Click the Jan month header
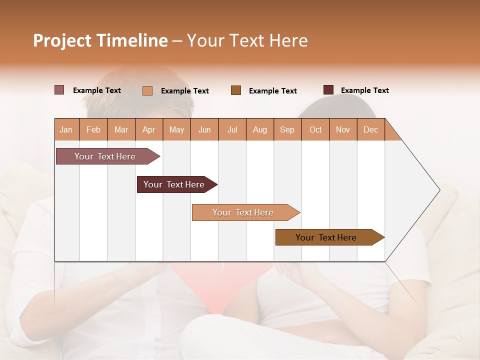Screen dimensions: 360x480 click(x=66, y=129)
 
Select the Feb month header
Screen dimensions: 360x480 click(x=93, y=129)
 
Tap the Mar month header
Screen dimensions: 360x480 click(x=121, y=129)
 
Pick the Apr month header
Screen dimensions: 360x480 click(x=149, y=129)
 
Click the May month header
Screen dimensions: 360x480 click(x=176, y=129)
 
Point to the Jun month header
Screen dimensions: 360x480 click(x=204, y=129)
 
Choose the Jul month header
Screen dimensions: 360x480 click(x=232, y=129)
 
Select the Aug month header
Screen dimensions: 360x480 click(x=260, y=129)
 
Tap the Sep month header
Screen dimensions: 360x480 click(x=287, y=129)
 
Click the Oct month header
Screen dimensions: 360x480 click(x=315, y=129)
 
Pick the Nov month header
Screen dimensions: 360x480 click(x=343, y=129)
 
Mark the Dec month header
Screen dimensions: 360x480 click(x=371, y=129)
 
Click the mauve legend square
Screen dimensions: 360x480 click(x=59, y=90)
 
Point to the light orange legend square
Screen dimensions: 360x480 click(x=147, y=90)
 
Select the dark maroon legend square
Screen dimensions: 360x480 click(x=328, y=90)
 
